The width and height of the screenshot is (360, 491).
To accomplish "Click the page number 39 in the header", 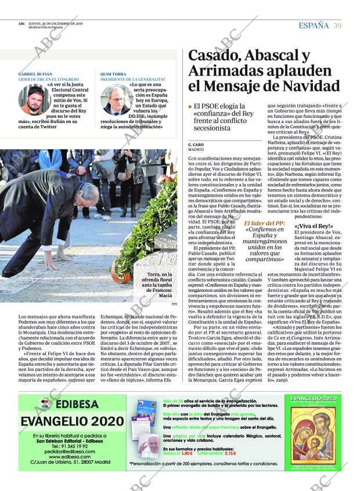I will (337, 26).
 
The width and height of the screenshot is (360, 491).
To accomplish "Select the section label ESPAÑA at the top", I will (313, 26).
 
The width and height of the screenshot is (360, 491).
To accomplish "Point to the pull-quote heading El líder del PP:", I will (264, 223).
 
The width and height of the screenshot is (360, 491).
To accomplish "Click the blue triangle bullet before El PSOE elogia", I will (190, 107).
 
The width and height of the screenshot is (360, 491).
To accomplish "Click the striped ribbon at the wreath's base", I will (121, 277).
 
